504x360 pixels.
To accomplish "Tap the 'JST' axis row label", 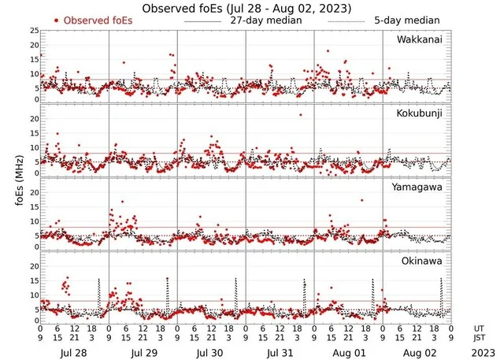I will coord(479,337).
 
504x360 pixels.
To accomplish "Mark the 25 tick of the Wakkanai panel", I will coord(32,30).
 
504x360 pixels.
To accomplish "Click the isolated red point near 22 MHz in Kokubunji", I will coord(300,114).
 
